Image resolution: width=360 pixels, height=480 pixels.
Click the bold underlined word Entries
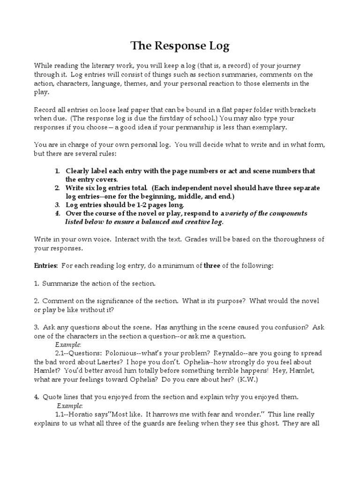pos(45,265)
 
